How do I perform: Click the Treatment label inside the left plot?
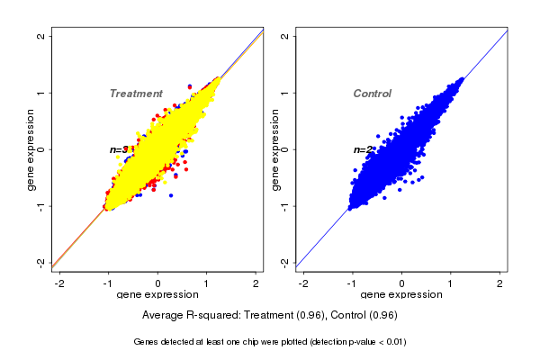click(136, 94)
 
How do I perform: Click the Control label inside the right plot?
click(372, 94)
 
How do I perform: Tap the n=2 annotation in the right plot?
click(363, 149)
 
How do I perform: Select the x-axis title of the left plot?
click(157, 295)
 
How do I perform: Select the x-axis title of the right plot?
click(401, 295)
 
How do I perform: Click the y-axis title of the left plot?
click(32, 149)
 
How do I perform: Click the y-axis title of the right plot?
click(276, 149)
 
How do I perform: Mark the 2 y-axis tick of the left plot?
click(41, 36)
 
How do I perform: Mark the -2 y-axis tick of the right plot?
click(285, 262)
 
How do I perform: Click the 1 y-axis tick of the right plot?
click(285, 93)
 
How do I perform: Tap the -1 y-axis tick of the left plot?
click(41, 206)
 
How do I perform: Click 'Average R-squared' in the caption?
click(185, 316)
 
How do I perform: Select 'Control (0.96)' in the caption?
click(364, 316)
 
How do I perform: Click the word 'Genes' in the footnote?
click(146, 342)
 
